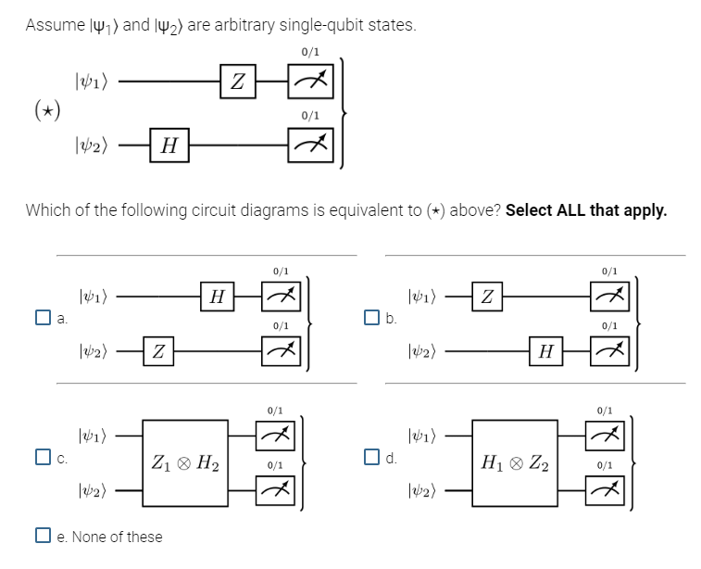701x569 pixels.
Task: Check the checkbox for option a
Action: point(43,320)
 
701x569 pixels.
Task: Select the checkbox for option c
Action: point(43,456)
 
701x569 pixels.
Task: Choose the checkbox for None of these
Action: point(43,537)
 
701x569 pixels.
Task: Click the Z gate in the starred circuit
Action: point(237,82)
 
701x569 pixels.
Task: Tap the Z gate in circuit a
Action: point(159,352)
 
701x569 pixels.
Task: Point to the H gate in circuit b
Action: point(546,352)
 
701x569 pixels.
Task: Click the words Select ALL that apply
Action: point(585,209)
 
